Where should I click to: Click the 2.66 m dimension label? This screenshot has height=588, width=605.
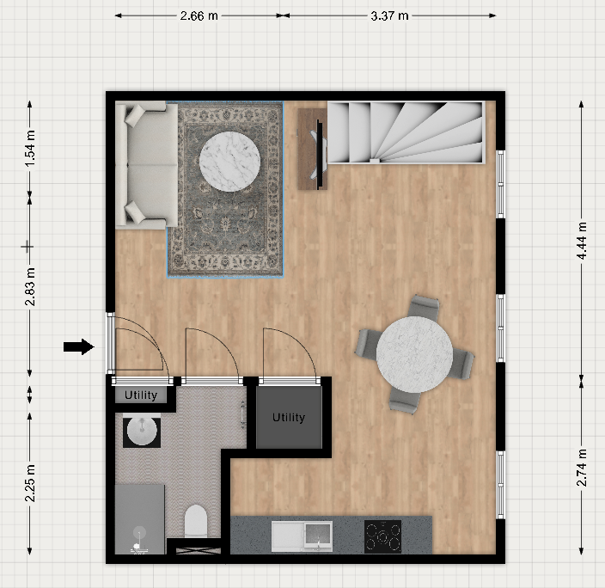point(199,15)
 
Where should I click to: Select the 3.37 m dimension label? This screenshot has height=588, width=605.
point(389,15)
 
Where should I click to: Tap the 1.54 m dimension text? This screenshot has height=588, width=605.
point(30,149)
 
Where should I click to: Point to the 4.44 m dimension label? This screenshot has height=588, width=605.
point(582,241)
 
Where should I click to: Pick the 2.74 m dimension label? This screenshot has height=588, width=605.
point(582,468)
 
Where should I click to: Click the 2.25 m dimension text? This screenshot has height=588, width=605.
point(30,483)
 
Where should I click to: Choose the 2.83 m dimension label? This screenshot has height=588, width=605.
point(30,286)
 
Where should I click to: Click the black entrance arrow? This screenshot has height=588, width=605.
point(79,346)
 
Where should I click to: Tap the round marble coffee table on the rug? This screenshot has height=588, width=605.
point(229,162)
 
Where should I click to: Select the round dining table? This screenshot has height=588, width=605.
point(414,354)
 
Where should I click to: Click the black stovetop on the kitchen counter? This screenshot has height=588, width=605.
point(382,536)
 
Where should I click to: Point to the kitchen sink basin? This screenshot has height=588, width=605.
point(318,535)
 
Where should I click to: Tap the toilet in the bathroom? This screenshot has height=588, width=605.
point(196,521)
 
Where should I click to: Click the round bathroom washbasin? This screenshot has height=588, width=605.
point(142,431)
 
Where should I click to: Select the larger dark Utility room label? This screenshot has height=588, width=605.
point(289,417)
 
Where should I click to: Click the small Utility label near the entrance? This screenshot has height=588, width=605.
point(141,395)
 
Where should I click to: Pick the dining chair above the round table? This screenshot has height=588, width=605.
point(424,307)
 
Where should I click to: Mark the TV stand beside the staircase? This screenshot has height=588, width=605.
point(312,149)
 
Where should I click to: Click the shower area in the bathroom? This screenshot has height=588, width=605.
point(140,519)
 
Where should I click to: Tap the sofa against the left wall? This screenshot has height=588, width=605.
point(147,165)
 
